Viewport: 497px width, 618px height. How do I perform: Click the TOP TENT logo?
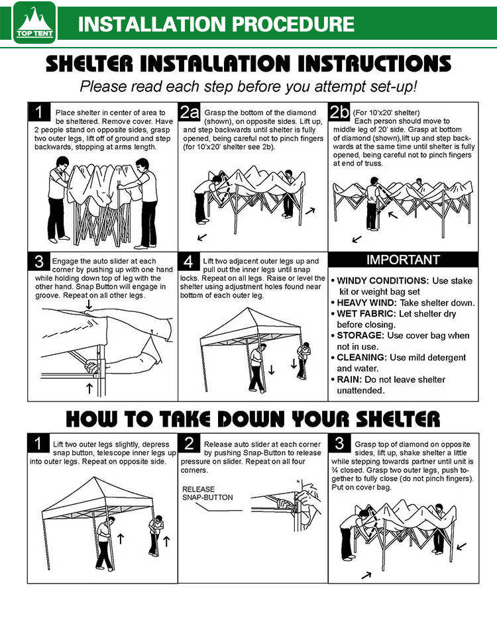[x=34, y=23]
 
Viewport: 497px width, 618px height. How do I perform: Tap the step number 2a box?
[x=190, y=112]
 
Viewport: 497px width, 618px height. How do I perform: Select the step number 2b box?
[x=339, y=112]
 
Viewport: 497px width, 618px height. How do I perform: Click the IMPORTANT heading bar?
[x=403, y=260]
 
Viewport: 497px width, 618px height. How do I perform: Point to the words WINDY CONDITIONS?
[x=382, y=281]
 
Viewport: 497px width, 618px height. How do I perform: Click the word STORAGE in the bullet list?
[x=360, y=335]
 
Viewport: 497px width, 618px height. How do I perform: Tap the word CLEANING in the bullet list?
[x=362, y=358]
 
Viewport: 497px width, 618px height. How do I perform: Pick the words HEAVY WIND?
[x=366, y=303]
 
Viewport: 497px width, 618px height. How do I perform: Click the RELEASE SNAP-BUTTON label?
[x=207, y=493]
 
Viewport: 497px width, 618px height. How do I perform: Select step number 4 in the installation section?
[x=188, y=262]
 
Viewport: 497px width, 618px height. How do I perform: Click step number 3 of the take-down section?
[x=339, y=443]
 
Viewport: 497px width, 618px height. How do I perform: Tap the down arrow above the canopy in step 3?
[x=89, y=304]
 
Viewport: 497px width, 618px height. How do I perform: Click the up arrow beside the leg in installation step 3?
[x=89, y=388]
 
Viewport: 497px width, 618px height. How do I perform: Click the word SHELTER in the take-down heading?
[x=398, y=419]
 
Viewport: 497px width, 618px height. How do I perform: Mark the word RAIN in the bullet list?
[x=349, y=380]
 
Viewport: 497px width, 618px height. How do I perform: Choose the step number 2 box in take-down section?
[x=190, y=443]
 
